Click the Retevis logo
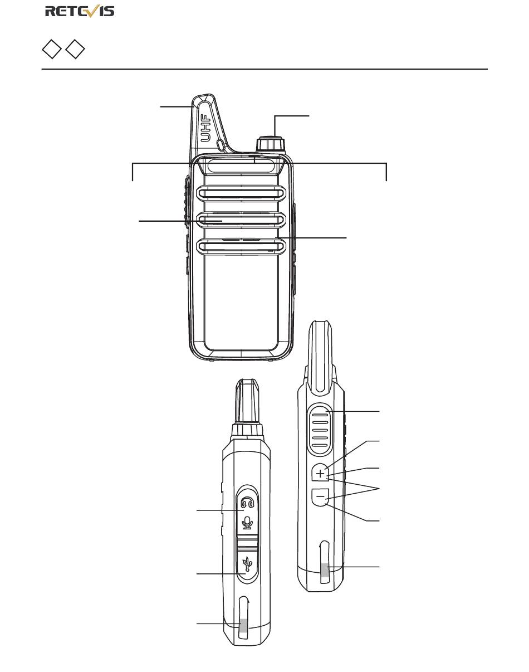pos(80,11)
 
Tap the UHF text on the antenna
pos(205,128)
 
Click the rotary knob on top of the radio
pos(270,144)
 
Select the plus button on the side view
pos(320,474)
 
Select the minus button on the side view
pos(320,495)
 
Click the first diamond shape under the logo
pos(51,49)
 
